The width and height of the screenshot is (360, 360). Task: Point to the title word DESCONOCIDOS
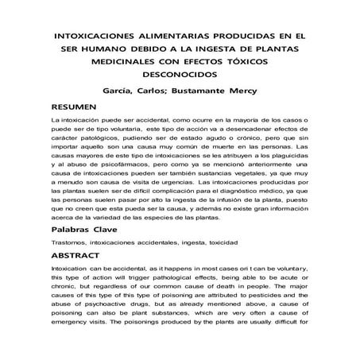tap(180, 77)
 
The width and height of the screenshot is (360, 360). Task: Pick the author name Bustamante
tap(221, 91)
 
